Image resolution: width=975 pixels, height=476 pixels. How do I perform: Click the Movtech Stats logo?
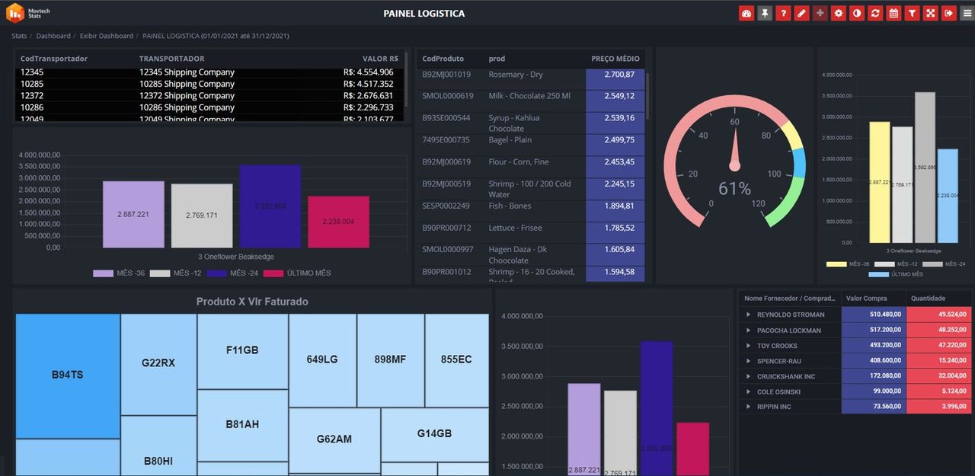click(26, 13)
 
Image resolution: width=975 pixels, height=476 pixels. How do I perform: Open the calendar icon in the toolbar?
click(893, 13)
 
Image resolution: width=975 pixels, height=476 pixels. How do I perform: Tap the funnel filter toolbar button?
click(912, 13)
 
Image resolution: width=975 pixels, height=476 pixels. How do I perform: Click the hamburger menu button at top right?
click(967, 13)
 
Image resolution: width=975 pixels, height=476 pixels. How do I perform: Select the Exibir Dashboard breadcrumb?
click(106, 36)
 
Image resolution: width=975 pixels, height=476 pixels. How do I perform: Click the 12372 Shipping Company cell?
click(187, 96)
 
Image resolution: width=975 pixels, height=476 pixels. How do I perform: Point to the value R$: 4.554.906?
click(368, 72)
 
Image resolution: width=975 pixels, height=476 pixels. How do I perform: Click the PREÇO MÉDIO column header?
click(615, 59)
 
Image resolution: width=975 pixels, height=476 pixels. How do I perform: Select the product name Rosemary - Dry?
click(516, 75)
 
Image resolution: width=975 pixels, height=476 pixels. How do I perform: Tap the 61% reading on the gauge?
click(734, 189)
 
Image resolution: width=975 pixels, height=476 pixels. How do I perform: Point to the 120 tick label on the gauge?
click(757, 203)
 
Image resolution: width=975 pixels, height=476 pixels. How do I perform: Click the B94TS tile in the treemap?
click(68, 375)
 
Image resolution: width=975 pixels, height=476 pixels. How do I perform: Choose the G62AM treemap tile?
click(334, 439)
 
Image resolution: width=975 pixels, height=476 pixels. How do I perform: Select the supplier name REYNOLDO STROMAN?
click(791, 315)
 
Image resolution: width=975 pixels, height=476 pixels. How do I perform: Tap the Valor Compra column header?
click(866, 299)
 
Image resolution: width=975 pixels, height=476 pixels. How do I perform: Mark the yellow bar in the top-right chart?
click(880, 182)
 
